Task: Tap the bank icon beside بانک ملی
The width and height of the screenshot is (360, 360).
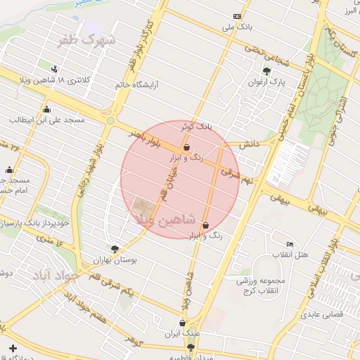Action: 237,16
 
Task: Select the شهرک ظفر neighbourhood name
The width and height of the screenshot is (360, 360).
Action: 86,40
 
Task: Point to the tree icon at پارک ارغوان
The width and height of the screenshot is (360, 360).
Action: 266,70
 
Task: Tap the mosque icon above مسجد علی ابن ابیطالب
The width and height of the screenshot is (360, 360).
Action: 46,109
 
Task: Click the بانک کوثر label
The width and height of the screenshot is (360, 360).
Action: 195,127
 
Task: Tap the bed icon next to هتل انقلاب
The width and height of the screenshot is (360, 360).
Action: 290,243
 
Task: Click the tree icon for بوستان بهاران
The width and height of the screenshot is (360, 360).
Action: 115,249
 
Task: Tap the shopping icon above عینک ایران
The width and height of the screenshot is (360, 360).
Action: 183,323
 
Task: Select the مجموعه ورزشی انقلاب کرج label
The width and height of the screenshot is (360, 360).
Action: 252,285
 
